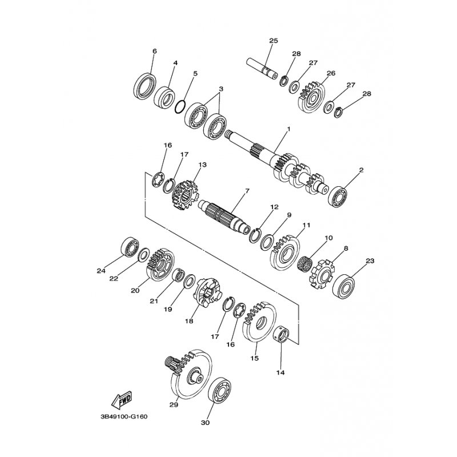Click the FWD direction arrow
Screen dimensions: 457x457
(122, 399)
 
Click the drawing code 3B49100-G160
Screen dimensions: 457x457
(124, 416)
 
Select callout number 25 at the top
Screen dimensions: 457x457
(274, 41)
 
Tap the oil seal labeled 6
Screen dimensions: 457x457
(145, 87)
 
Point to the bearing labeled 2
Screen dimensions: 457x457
(338, 197)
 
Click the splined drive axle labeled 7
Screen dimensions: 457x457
(225, 215)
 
